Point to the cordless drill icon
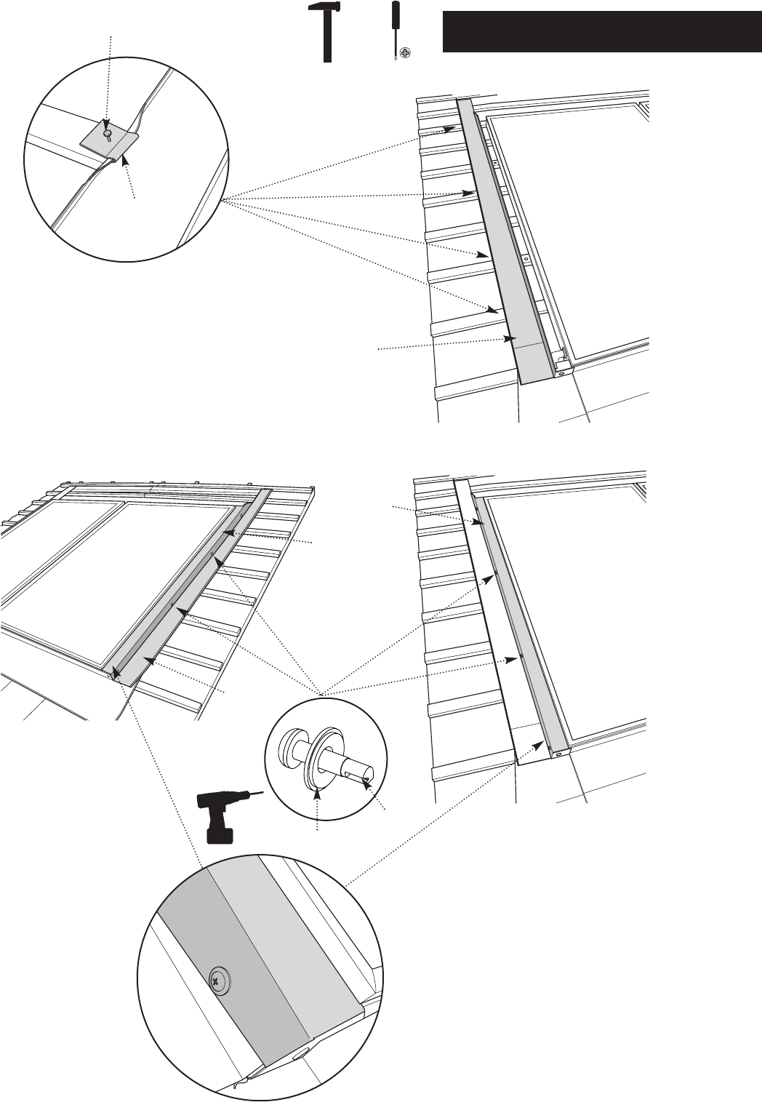221,816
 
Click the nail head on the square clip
108,132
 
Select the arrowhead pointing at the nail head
107,124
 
